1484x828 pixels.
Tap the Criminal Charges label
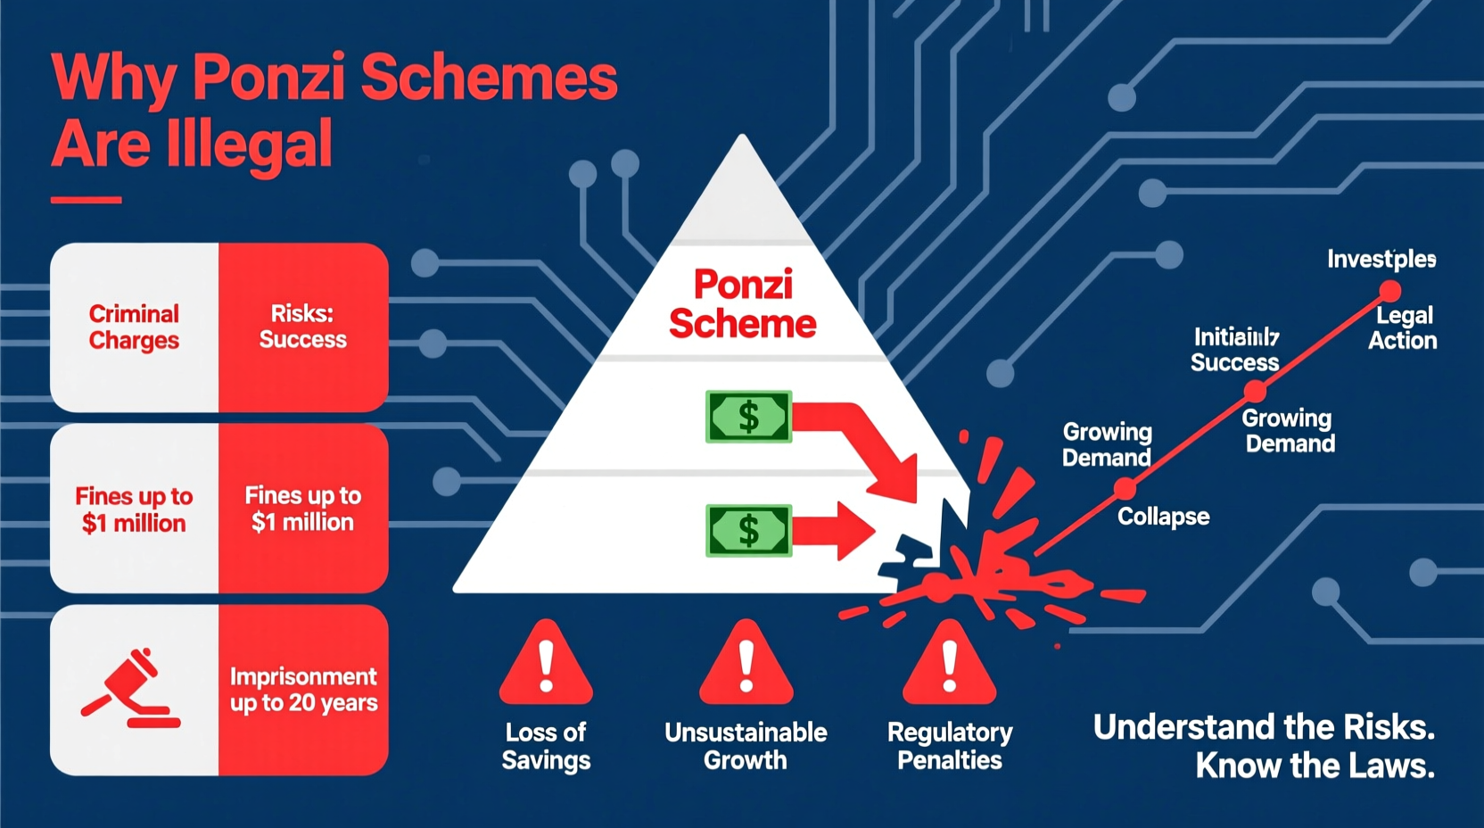(134, 327)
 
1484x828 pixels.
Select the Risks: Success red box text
(302, 327)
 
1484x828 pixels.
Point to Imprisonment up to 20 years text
(303, 690)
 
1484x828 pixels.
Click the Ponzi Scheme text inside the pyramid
(742, 304)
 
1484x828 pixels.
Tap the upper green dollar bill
(748, 417)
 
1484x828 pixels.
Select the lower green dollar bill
(748, 531)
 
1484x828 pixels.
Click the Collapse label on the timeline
(1163, 517)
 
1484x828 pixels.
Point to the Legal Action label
(1403, 327)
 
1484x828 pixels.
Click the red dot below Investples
(1389, 291)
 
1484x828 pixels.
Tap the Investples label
(1381, 260)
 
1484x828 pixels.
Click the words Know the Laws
(1315, 766)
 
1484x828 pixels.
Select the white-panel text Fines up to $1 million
(134, 509)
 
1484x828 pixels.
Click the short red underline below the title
(86, 200)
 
